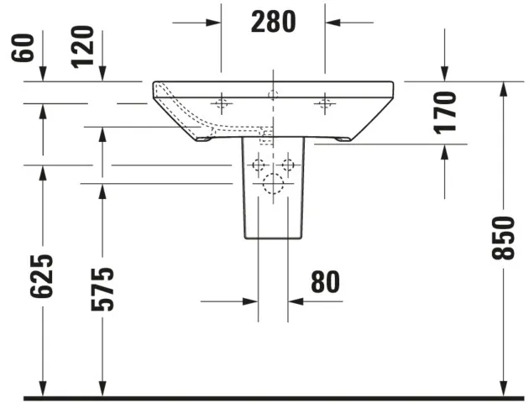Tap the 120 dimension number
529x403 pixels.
pos(83,48)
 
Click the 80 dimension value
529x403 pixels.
pos(326,282)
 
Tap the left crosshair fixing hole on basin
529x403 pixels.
pos(221,104)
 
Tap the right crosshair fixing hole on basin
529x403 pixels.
pos(325,104)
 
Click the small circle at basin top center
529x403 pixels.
pos(273,92)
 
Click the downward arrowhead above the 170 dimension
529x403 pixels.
pos(445,75)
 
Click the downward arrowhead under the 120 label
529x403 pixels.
pos(102,75)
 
